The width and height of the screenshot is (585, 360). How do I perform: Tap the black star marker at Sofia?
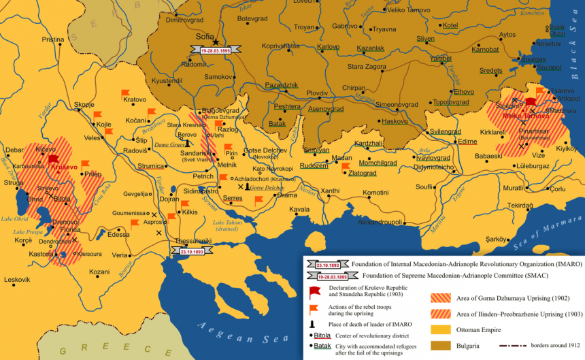click(216, 42)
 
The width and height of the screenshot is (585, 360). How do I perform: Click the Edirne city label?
click(468, 142)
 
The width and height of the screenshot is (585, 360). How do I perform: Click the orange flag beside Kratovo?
click(125, 93)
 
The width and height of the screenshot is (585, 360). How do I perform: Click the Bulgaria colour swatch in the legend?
click(439, 346)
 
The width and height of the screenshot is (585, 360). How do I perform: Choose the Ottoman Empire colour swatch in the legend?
click(439, 329)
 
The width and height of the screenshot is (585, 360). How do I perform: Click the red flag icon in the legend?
click(315, 292)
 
